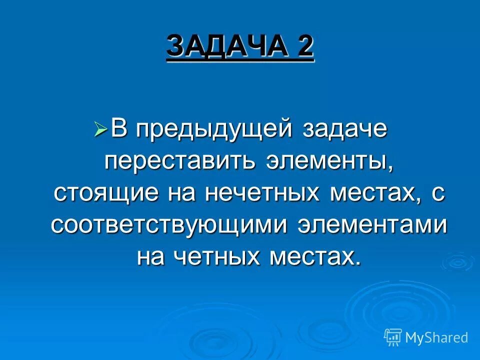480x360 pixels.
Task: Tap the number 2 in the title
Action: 304,46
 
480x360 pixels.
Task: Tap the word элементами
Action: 372,225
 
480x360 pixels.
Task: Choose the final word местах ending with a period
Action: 315,256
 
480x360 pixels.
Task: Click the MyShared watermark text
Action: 436,337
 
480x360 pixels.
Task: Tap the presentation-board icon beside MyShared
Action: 393,337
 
